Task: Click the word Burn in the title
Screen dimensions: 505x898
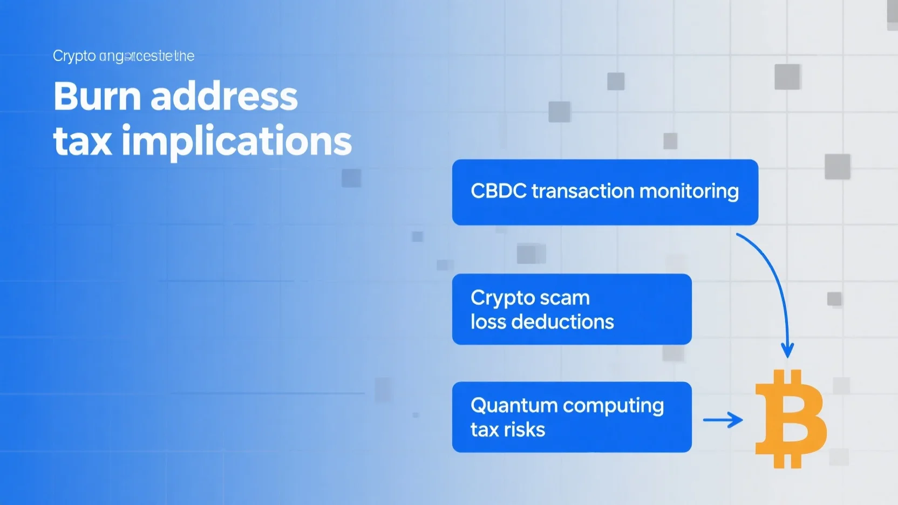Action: tap(97, 97)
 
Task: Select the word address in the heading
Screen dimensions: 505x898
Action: tap(224, 97)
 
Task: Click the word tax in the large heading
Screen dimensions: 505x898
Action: tap(83, 142)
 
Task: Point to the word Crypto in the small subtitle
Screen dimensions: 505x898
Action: tap(74, 56)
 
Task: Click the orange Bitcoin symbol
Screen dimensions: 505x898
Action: tap(790, 419)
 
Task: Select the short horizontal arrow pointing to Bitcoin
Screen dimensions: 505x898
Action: tap(723, 420)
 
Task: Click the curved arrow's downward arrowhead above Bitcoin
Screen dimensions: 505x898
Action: tap(787, 351)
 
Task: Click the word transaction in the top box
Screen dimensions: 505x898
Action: tap(582, 191)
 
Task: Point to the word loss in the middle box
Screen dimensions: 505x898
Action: tap(487, 322)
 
